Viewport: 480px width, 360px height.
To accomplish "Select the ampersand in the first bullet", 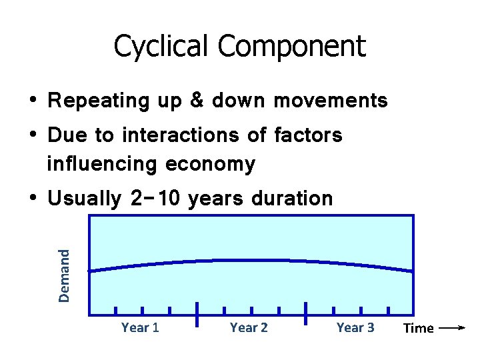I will pos(197,101).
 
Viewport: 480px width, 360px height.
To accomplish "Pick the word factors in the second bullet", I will pos(308,135).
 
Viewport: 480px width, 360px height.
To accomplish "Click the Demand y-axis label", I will pos(64,275).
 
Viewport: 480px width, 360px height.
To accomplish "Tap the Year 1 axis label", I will pos(140,327).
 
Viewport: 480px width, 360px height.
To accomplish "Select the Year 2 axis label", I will pos(249,327).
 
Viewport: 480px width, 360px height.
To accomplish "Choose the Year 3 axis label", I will pos(355,327).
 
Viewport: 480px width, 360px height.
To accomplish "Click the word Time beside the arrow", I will pos(419,328).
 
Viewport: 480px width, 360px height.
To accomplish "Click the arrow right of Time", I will pos(453,328).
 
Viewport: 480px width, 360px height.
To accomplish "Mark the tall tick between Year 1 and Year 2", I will pos(197,314).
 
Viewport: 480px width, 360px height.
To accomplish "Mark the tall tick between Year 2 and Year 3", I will pos(305,314).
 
